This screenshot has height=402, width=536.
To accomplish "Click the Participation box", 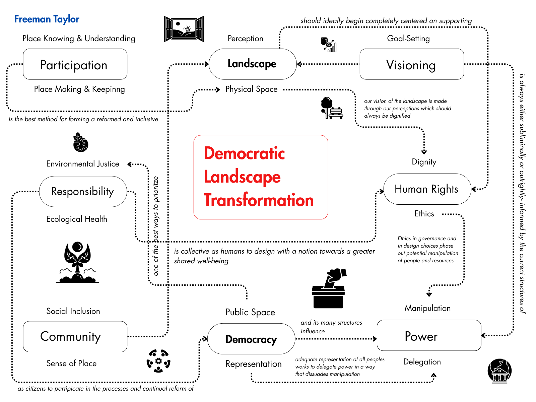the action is coord(75,64).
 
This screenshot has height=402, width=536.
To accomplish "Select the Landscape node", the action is coord(253,64).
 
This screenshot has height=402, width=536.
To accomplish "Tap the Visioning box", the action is coord(412,64).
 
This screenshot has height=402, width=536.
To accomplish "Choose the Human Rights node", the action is coord(427,189).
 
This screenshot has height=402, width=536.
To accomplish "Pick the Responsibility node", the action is coord(83,192).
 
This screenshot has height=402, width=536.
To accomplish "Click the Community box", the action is coord(75,337).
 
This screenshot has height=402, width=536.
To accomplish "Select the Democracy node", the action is coord(251,339).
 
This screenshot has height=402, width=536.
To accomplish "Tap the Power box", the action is coord(429,335).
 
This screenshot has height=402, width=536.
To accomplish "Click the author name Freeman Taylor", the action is coord(47,19).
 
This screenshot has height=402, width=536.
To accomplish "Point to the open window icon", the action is coord(184,29).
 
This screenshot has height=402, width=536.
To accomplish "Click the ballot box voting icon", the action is coord(329,288).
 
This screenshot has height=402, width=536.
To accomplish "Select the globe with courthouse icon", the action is coord(499,371).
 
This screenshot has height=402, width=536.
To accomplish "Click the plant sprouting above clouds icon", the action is coord(77,262).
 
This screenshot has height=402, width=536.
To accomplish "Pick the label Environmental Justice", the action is coord(82,164).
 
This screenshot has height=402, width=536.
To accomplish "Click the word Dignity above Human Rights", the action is coord(424,162).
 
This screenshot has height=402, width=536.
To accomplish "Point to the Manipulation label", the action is coord(427,308).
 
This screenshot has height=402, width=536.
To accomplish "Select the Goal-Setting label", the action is coord(408,39).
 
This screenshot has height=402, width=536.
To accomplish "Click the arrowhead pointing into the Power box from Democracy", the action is coord(375,339).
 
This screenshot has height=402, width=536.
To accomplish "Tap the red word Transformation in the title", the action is coord(259,200).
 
